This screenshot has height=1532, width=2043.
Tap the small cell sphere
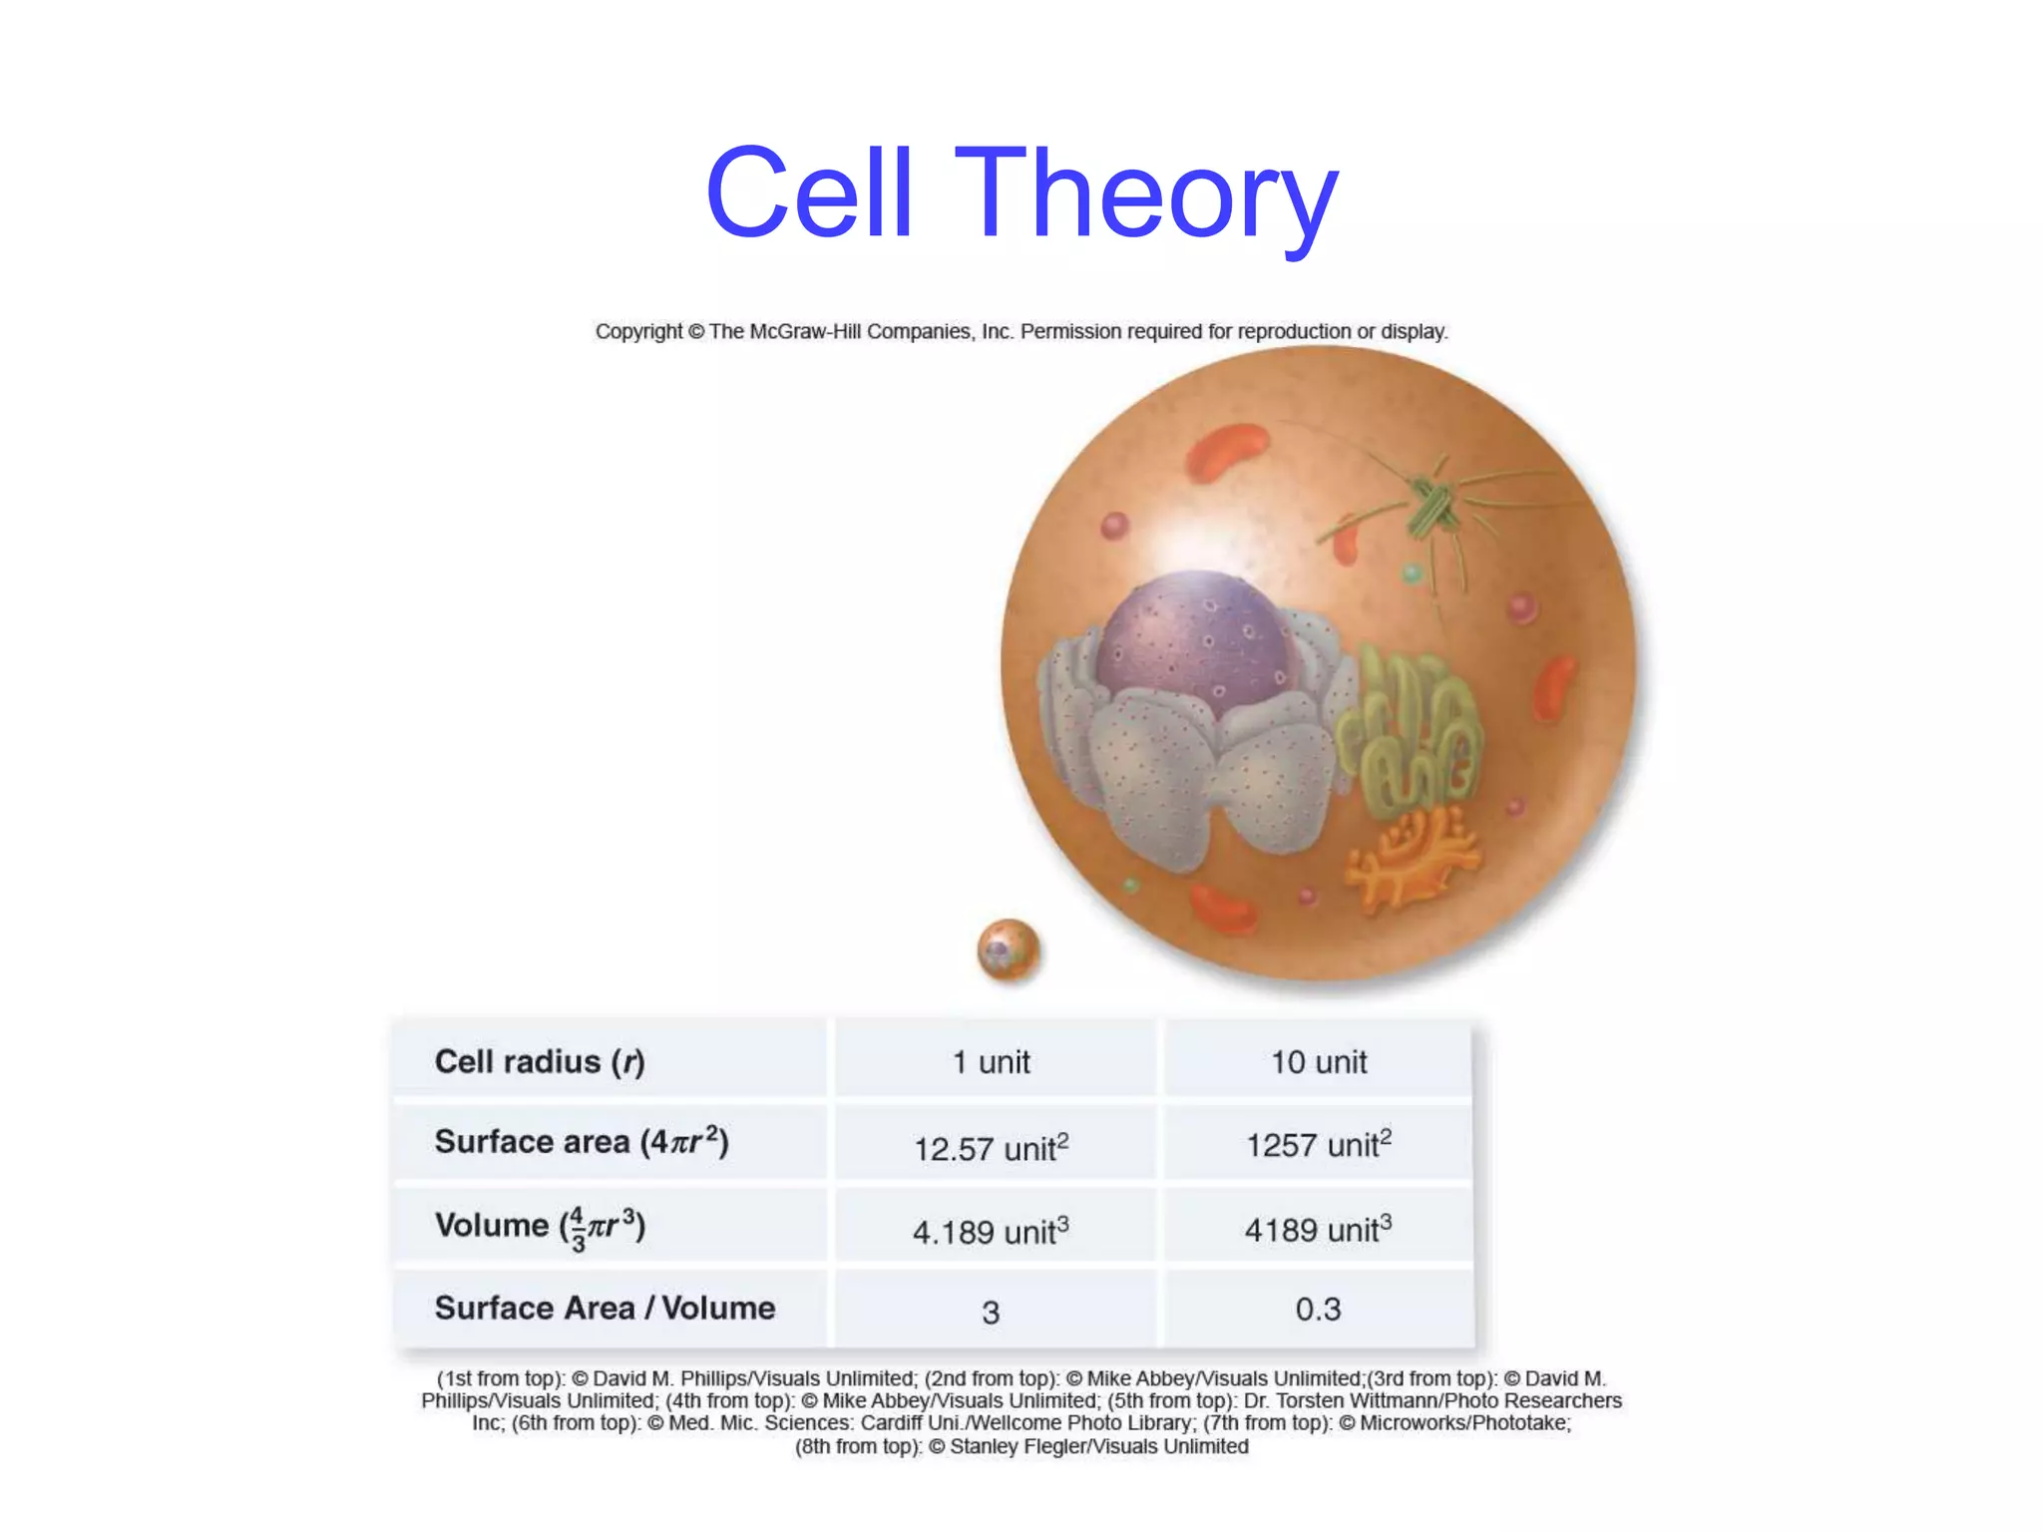[x=1009, y=950]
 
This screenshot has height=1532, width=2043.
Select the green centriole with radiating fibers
[x=1434, y=508]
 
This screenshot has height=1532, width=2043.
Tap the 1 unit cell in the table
[x=991, y=1061]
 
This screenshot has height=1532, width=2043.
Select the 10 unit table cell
[x=1318, y=1061]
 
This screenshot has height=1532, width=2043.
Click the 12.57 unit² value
[x=991, y=1147]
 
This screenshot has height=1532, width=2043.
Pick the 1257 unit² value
[x=1318, y=1144]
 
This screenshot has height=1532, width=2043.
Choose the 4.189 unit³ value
[x=991, y=1231]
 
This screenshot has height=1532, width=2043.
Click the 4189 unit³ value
[x=1318, y=1229]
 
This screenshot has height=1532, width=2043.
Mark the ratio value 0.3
[x=1318, y=1309]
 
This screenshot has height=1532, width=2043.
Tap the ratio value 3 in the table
[x=991, y=1312]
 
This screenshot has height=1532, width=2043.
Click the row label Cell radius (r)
[x=540, y=1061]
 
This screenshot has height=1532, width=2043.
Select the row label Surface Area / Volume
[x=605, y=1308]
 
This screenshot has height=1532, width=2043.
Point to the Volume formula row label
[x=540, y=1227]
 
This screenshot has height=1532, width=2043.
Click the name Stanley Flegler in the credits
[x=1013, y=1446]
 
